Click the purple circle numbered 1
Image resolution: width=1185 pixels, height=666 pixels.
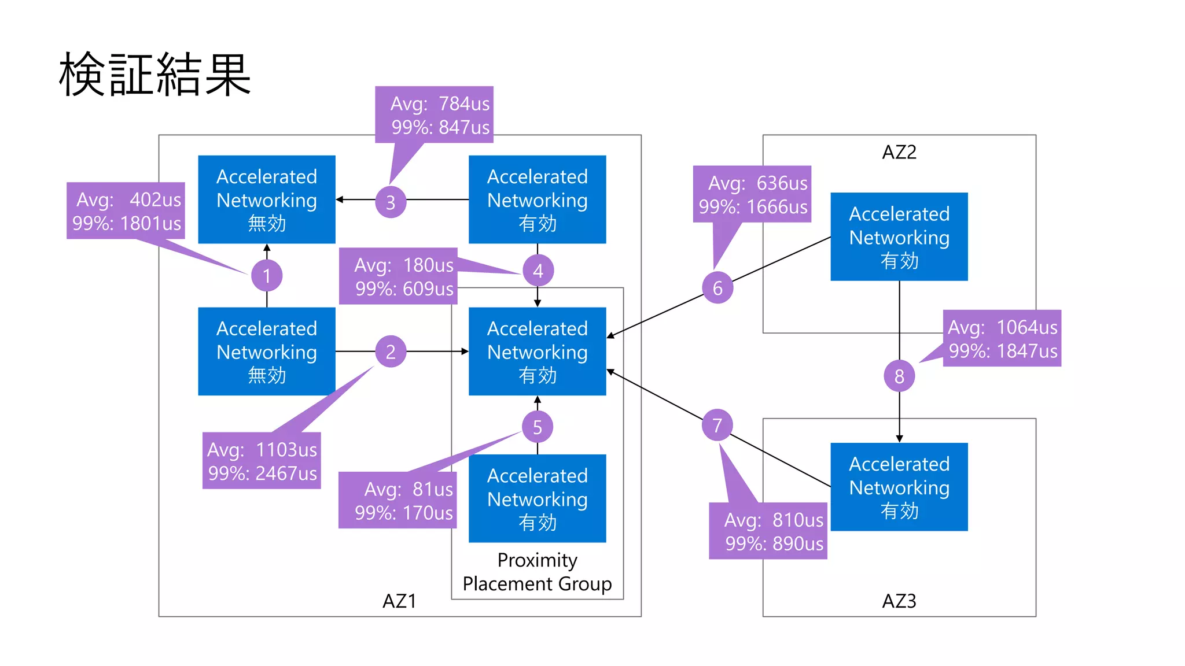tap(267, 276)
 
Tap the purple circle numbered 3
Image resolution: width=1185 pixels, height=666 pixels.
tap(391, 202)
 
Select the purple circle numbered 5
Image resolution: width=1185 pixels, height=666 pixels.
tap(538, 427)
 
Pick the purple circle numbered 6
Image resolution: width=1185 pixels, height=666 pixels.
tap(717, 288)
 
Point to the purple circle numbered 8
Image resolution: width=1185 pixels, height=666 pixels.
tap(899, 376)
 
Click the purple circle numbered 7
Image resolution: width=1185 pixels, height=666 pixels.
tap(717, 425)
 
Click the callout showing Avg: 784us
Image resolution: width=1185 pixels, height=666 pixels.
tap(434, 114)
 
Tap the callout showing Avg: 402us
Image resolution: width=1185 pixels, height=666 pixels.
tap(126, 211)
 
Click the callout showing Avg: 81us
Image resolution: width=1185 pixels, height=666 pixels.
tap(398, 500)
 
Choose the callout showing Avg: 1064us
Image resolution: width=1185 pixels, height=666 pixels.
tap(1002, 338)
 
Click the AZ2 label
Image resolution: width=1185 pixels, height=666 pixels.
tap(899, 152)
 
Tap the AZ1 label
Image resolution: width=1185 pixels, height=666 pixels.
tap(399, 601)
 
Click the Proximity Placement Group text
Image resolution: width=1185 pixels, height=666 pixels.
tap(537, 572)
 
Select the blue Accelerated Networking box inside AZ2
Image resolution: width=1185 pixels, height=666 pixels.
tap(899, 237)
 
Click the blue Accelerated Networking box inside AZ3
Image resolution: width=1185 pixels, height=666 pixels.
tap(899, 487)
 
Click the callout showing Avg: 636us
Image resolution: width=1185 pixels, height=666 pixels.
tap(752, 194)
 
